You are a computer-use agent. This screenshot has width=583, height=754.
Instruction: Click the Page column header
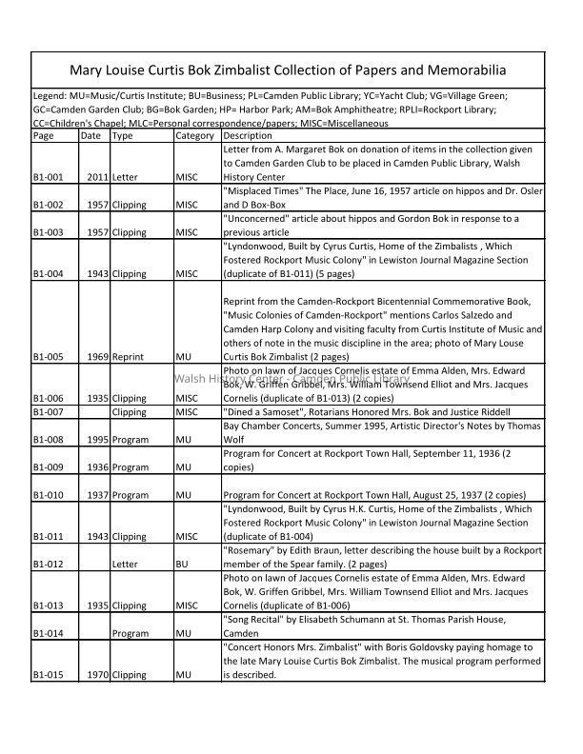[x=43, y=136]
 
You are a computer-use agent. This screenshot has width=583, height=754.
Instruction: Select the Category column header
[x=194, y=136]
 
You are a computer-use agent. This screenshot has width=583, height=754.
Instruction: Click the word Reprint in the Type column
[x=128, y=358]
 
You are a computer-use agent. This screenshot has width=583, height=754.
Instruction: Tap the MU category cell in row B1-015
[x=184, y=675]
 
